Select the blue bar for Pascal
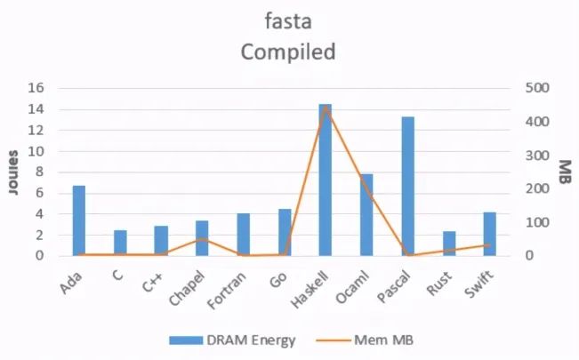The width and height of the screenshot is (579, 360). coord(407,187)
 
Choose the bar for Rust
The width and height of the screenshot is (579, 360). coord(449,244)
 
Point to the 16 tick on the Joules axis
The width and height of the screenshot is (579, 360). coord(36,88)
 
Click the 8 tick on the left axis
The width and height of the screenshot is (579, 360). coord(40,172)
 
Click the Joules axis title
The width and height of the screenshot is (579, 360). coord(13,172)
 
